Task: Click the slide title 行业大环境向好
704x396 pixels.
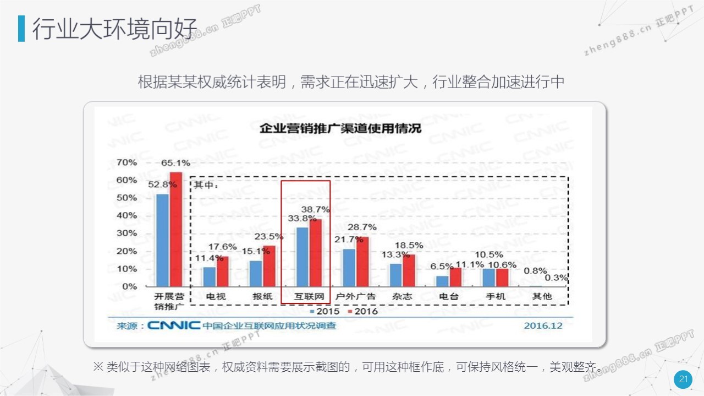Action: point(114,29)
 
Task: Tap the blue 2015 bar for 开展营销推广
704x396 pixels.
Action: point(162,240)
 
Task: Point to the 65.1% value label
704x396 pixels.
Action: point(175,162)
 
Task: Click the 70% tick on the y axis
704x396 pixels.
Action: point(127,162)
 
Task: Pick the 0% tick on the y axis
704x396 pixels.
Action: point(129,286)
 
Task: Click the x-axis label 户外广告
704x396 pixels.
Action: point(355,296)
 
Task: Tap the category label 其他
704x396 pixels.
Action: point(542,296)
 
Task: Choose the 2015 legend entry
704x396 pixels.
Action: point(327,311)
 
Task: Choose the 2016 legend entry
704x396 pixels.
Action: point(362,311)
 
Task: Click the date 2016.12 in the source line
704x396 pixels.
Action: point(543,326)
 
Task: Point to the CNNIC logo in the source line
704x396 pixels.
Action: point(174,326)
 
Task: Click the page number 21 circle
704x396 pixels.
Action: point(684,379)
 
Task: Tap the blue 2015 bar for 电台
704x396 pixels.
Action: point(442,281)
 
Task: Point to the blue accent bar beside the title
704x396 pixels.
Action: point(21,29)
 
